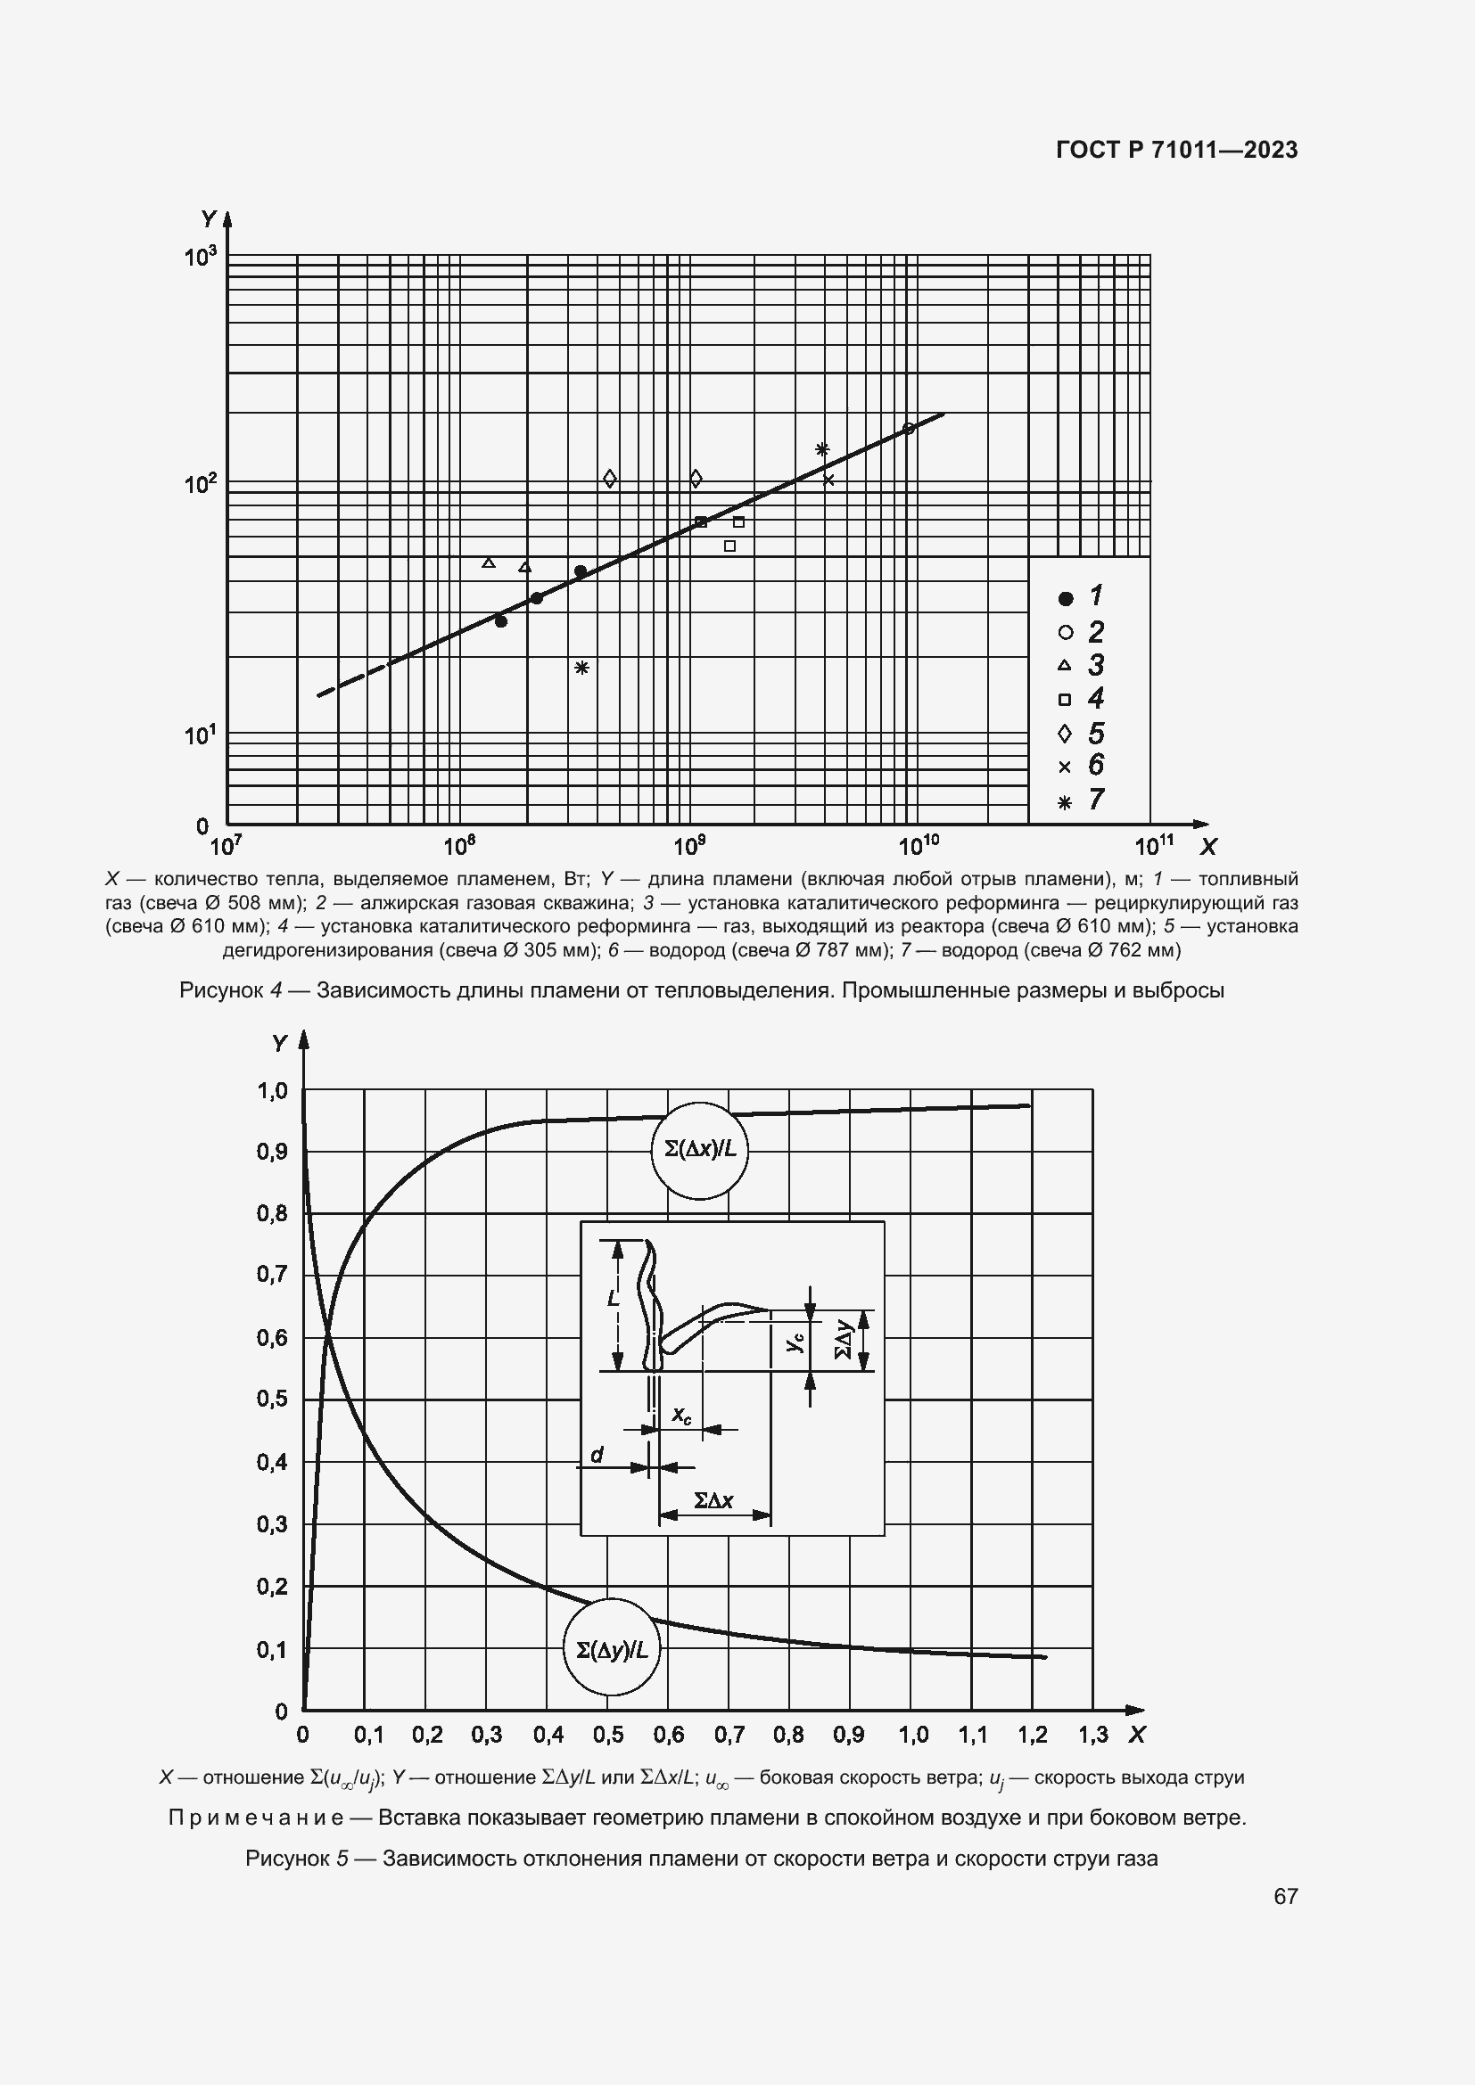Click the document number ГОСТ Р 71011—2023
(x=1176, y=151)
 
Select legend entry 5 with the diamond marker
(x=1081, y=733)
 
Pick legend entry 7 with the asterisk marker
(x=1081, y=800)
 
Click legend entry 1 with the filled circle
(x=1081, y=596)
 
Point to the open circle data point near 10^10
(x=907, y=429)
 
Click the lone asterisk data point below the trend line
(x=582, y=668)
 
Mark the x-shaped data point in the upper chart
(x=828, y=480)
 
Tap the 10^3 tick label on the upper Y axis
(x=201, y=257)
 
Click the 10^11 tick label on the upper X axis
(x=1153, y=846)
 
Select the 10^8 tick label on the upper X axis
(x=459, y=846)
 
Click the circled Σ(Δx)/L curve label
(x=700, y=1149)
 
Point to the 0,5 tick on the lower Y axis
(x=272, y=1400)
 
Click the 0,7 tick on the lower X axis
(x=729, y=1735)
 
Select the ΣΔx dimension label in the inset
(x=714, y=1500)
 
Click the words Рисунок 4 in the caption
(x=232, y=990)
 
